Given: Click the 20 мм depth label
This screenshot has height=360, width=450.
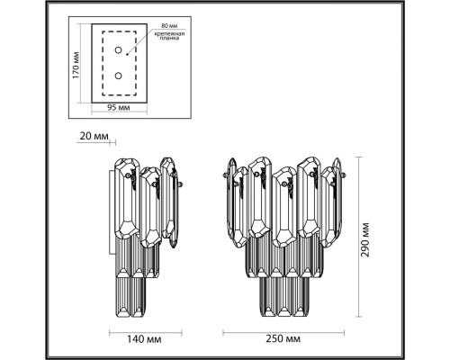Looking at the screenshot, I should point(94,136).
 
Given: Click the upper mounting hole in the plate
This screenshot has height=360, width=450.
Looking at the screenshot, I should point(118,54).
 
